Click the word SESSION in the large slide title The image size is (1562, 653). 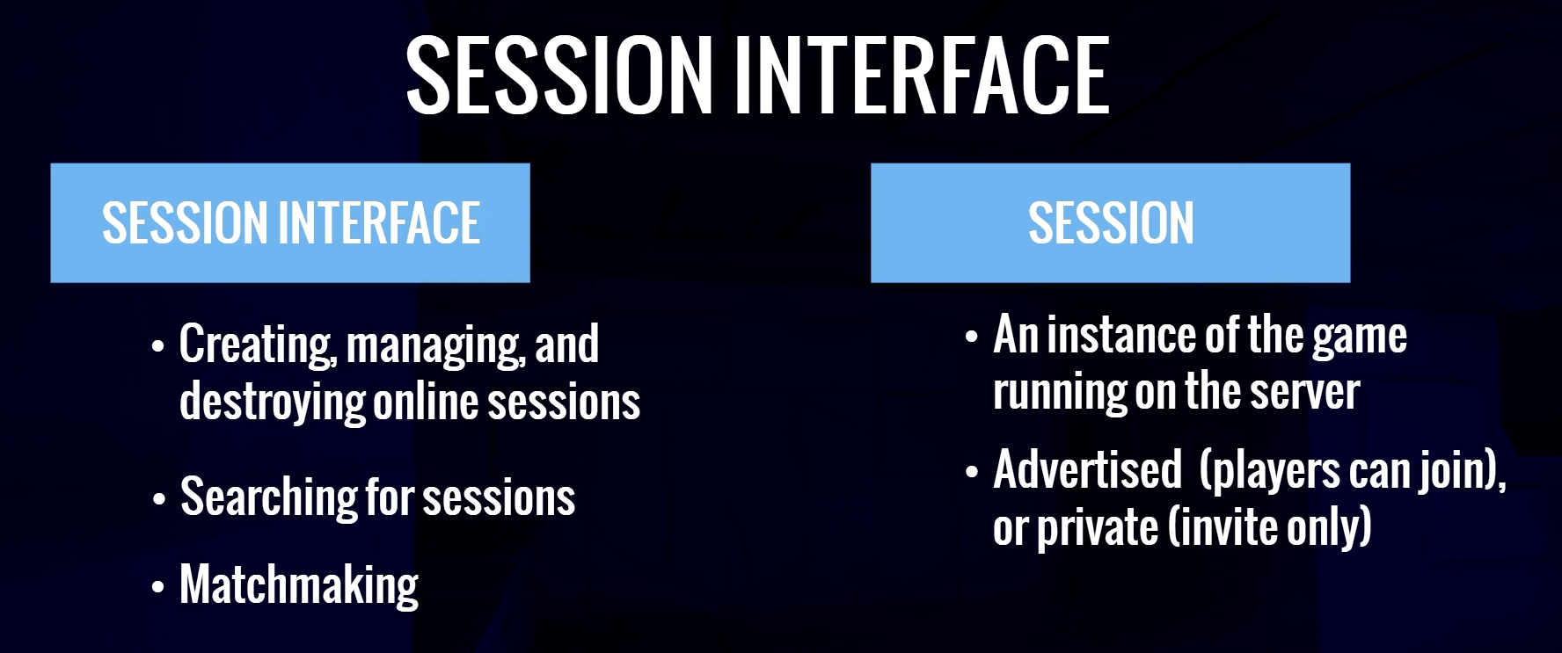pos(558,76)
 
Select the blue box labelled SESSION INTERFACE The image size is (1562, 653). pos(290,222)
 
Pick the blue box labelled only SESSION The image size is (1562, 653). pos(1110,222)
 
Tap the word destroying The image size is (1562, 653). pos(272,403)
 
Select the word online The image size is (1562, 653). pos(426,401)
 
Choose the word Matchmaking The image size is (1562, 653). pos(299,585)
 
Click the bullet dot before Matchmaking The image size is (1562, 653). pos(158,587)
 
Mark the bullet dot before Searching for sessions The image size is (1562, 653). pos(158,499)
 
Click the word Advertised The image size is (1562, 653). pos(1088,469)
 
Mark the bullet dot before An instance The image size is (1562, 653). pos(972,338)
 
